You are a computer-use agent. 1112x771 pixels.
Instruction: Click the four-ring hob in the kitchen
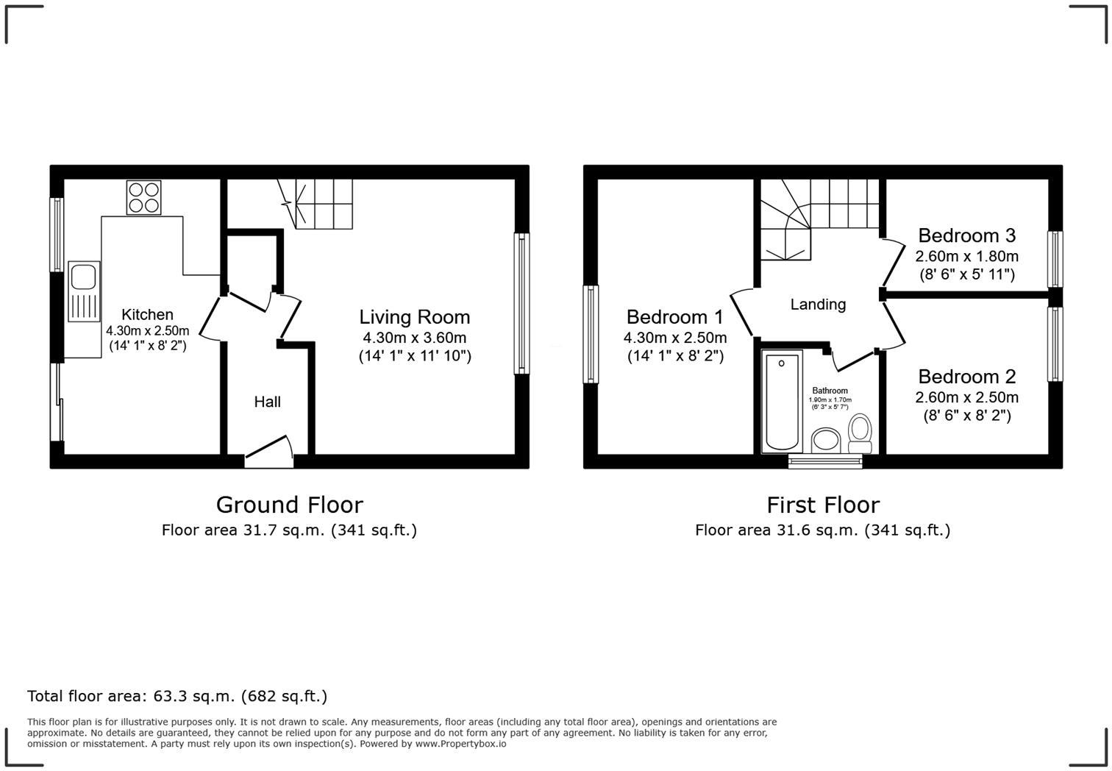coord(143,197)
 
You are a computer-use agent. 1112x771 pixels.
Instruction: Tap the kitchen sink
coord(84,291)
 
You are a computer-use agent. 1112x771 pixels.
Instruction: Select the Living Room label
coord(414,317)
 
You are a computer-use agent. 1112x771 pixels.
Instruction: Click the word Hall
coord(267,402)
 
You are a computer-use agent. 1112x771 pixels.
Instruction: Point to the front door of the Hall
coord(268,451)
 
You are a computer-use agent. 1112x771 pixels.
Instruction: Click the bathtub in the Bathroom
coord(781,402)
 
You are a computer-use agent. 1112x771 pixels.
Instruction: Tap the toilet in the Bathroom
coord(860,433)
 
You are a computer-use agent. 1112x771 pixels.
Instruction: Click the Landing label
coord(818,305)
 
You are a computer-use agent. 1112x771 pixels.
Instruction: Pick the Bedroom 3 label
coord(966,235)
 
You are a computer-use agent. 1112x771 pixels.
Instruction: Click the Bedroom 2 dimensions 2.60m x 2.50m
coord(966,398)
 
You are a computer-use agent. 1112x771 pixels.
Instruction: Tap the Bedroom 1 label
coord(674,317)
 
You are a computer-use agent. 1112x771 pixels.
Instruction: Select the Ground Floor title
coord(289,505)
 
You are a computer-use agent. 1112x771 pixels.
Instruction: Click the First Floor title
coord(822,505)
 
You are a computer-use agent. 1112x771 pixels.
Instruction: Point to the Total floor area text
coord(177,696)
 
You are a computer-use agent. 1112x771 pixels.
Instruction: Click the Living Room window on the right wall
coord(521,303)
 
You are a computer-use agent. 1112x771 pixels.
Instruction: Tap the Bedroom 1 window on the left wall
coord(591,334)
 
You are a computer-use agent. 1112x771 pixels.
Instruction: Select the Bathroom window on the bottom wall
coord(824,462)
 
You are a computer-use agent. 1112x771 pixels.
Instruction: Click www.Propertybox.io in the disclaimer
coord(460,744)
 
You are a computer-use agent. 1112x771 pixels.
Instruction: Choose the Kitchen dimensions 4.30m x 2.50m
coord(147,331)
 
